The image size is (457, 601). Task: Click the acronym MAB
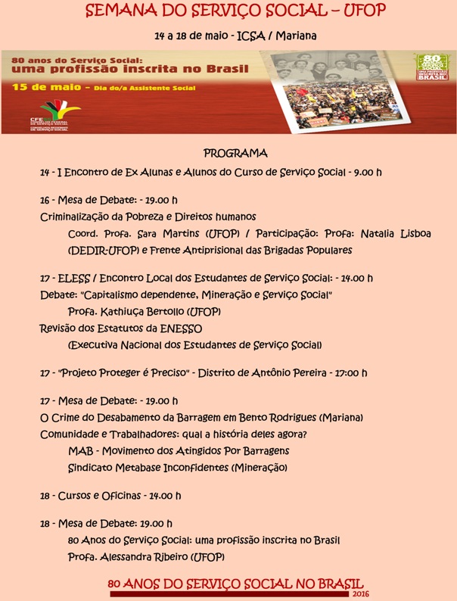pos(80,451)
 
